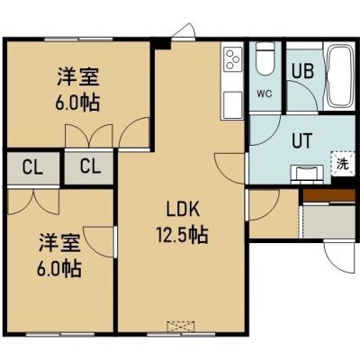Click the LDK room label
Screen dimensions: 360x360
click(183, 210)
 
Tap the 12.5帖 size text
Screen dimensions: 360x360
click(182, 235)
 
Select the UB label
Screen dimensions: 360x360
click(303, 71)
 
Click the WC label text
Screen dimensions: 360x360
click(265, 94)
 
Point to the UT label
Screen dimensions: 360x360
click(302, 140)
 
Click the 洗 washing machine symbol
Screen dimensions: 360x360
click(343, 164)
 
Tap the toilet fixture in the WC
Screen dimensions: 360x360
click(265, 58)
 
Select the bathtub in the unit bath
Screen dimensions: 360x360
click(340, 76)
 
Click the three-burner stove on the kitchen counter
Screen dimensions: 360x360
click(232, 59)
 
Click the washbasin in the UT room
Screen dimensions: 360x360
click(306, 174)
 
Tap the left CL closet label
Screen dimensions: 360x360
click(32, 167)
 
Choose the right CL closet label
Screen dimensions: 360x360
click(90, 166)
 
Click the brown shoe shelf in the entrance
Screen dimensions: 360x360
click(329, 195)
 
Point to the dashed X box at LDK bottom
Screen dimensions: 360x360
click(181, 327)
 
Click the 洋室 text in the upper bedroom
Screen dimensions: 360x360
click(78, 76)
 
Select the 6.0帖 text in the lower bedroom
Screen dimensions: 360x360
click(59, 268)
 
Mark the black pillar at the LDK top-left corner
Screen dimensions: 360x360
click(161, 43)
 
